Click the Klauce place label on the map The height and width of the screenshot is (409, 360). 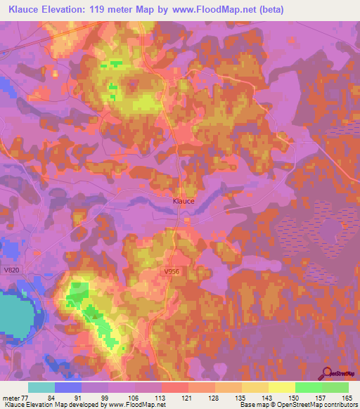[184, 200]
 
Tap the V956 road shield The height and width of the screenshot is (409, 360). [171, 271]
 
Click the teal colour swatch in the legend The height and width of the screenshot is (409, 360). [41, 387]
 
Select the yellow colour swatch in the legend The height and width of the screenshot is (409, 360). [281, 387]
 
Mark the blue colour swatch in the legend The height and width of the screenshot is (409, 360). [68, 387]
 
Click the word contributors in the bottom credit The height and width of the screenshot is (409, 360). [337, 405]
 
